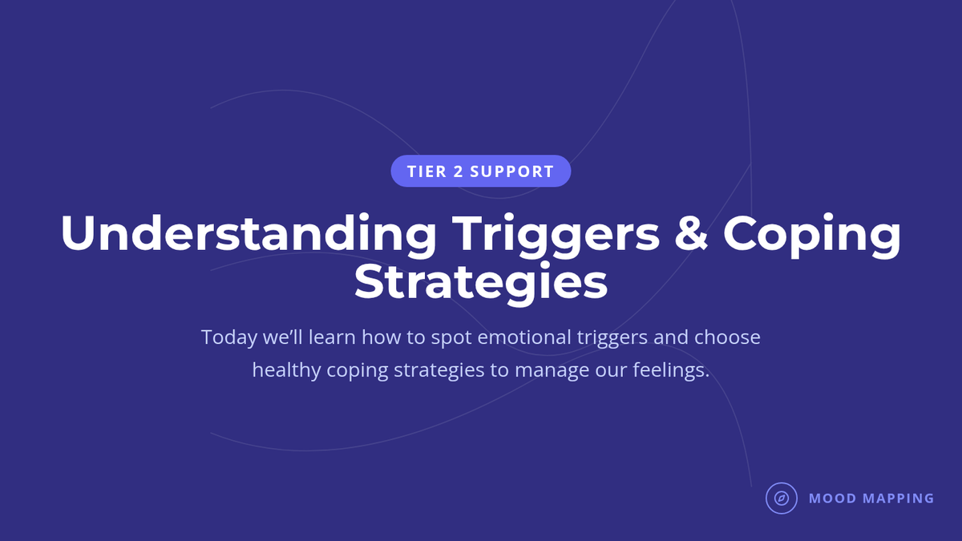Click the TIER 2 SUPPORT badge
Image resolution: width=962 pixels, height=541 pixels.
tap(480, 171)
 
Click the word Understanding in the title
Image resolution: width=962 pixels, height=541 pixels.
tap(249, 233)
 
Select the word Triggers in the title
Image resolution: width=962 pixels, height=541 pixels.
tap(556, 234)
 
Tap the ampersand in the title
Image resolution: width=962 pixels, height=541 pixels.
tap(690, 232)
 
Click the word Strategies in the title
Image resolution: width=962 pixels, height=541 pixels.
tap(481, 282)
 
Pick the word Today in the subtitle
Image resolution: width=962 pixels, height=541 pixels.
tap(229, 338)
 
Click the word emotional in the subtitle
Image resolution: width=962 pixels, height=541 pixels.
tap(524, 337)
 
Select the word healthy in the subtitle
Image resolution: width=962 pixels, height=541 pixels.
tap(286, 370)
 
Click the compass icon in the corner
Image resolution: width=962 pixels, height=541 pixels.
tap(782, 498)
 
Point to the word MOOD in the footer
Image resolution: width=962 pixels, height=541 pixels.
tap(833, 498)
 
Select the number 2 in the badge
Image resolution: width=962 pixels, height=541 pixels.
tap(459, 172)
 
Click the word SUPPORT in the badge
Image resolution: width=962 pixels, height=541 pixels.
tap(511, 172)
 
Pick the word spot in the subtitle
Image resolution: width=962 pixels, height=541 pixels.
tap(451, 338)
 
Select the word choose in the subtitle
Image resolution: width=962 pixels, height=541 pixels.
tap(727, 337)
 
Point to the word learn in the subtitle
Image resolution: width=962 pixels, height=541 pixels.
tap(332, 337)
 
